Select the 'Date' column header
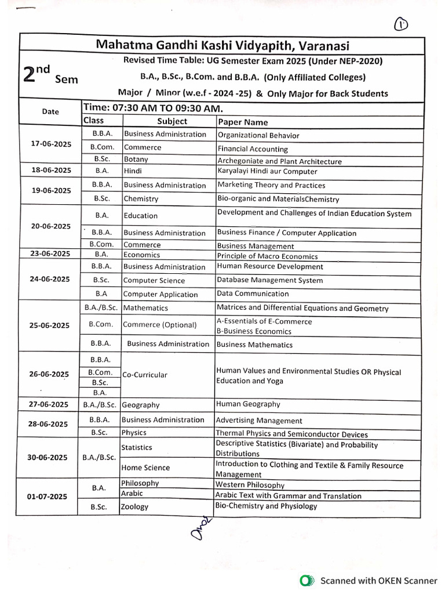pos(50,111)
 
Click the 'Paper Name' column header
pos(243,122)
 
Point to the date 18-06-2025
pos(51,170)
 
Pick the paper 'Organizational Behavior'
pos(258,136)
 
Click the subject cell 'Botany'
pos(136,160)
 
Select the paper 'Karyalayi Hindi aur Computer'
pos(267,171)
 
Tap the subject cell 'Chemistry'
pos(141,198)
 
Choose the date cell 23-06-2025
pos(50,253)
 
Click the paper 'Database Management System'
pos(269,280)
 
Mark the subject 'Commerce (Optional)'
pos(160,325)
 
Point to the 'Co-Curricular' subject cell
pos(144,375)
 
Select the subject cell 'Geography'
pos(141,405)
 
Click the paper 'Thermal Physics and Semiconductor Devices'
pos(291,434)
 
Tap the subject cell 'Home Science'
pos(145,468)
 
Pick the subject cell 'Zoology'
pos(135,506)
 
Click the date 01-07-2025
pos(48,497)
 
